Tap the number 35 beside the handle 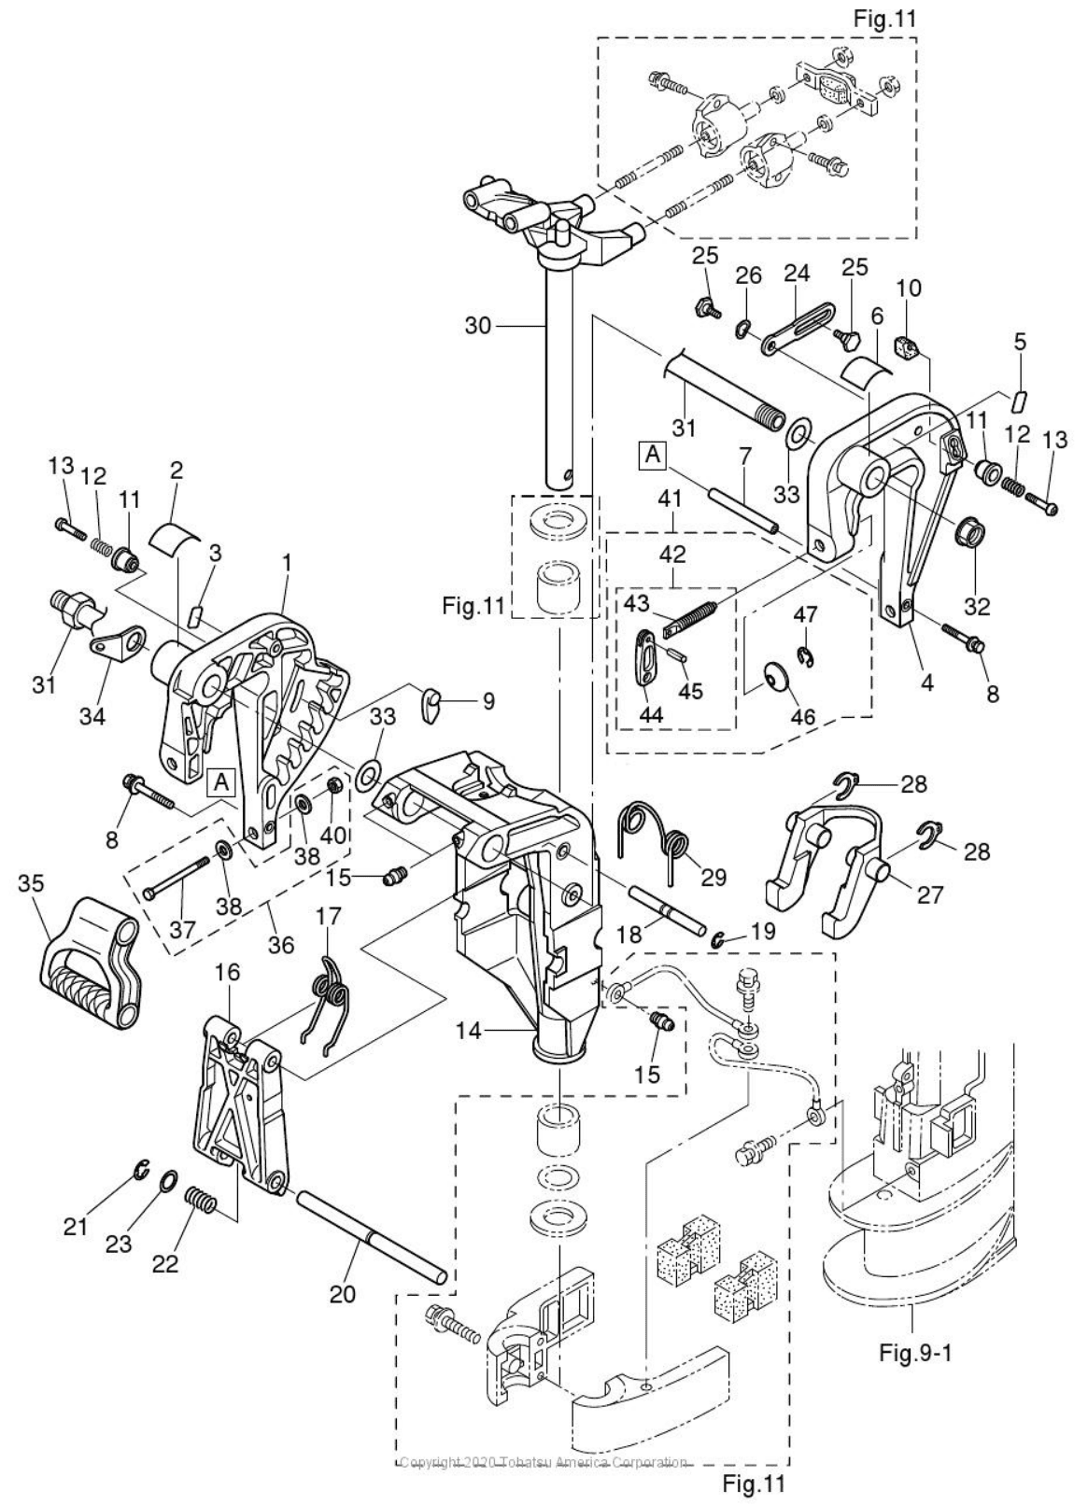coord(31,882)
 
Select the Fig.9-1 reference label coord(916,1352)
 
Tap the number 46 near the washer coord(803,717)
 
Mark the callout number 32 coord(977,607)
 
